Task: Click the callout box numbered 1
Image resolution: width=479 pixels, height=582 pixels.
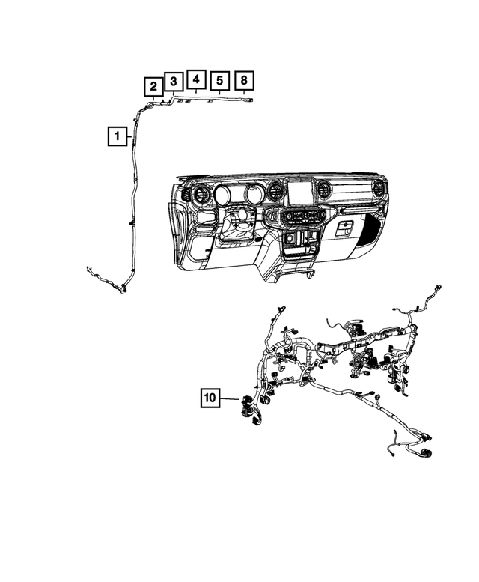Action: [116, 137]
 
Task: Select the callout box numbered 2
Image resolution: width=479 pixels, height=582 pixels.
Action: [153, 86]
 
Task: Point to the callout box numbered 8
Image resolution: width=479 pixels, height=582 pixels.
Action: [245, 79]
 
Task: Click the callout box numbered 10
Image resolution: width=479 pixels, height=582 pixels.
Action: [210, 398]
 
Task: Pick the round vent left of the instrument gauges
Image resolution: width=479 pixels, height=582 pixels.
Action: [201, 196]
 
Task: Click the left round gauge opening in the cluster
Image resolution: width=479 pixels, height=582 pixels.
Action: [223, 196]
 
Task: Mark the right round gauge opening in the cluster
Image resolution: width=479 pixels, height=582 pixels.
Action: [253, 195]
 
